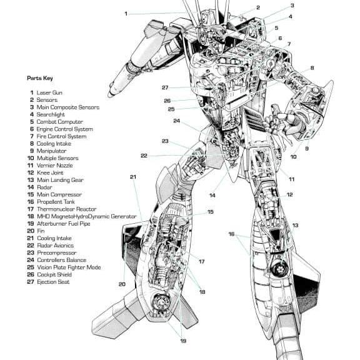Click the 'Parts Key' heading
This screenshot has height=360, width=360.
point(40,78)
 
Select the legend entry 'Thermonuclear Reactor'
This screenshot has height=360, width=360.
point(67,209)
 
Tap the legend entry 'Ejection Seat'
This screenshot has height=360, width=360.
point(53,282)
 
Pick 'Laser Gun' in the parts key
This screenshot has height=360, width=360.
point(49,92)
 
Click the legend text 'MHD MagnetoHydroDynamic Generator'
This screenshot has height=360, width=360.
point(87,216)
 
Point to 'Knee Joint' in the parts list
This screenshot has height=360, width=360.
point(50,172)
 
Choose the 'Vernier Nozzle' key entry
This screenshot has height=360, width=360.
point(55,165)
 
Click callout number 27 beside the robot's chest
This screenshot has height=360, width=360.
point(165,87)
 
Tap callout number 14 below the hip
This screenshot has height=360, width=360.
point(212,196)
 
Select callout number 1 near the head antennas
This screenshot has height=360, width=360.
point(126,14)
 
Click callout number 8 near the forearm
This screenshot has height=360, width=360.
point(312,68)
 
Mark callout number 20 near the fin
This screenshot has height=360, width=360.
point(122,284)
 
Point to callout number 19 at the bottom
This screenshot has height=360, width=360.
point(183,341)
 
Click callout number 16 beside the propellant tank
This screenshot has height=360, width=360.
point(231,234)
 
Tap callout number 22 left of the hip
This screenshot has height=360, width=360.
point(144,156)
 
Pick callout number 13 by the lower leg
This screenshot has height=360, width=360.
point(295,225)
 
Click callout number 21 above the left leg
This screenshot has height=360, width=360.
point(133,177)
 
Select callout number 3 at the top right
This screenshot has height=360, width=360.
point(292,6)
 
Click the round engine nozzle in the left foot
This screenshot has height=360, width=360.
point(161,302)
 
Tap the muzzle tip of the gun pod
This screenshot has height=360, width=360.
point(111,94)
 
